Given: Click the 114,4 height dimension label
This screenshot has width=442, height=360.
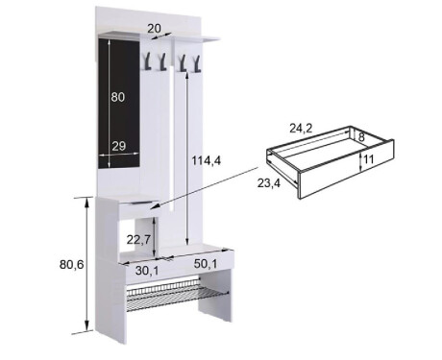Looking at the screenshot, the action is click(207, 160).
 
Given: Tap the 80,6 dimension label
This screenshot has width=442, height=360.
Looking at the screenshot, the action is click(71, 264).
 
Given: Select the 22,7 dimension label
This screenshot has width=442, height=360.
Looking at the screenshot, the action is click(138, 239).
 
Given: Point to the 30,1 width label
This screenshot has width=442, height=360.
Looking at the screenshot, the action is click(147, 271).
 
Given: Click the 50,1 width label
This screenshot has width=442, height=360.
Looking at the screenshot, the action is click(206, 264).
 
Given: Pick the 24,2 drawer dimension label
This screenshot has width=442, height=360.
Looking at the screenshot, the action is click(301, 129).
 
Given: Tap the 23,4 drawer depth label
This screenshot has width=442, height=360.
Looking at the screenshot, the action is click(269, 183).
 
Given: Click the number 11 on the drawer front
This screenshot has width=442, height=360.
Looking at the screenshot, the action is click(369, 159).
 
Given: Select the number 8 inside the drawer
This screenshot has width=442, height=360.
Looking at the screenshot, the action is click(361, 137).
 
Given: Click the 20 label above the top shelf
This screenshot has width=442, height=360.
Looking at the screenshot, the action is click(154, 29).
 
